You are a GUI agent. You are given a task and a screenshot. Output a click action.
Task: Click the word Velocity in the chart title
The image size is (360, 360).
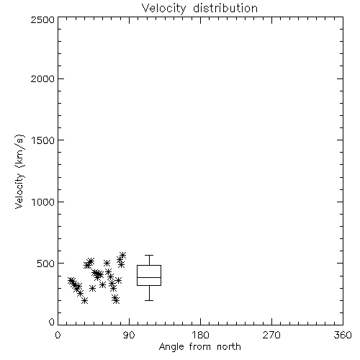point(163,9)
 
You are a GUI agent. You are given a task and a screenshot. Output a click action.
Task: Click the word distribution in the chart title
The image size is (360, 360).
point(225,8)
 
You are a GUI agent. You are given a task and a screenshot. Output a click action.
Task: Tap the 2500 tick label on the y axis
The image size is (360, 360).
point(42,19)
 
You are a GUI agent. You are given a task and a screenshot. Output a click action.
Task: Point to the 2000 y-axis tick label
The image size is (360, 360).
point(42,78)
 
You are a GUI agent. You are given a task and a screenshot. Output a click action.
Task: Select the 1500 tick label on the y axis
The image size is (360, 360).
point(43,140)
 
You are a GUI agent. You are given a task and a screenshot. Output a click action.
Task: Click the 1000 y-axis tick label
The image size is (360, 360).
point(43,202)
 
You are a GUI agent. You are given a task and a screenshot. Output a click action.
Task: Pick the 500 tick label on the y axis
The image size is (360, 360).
point(46,264)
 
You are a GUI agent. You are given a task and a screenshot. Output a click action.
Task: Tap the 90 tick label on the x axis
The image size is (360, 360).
point(129,335)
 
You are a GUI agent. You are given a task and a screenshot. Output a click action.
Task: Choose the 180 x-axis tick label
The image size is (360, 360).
point(200,335)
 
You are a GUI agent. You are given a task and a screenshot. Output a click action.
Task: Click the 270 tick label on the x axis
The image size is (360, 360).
point(271,335)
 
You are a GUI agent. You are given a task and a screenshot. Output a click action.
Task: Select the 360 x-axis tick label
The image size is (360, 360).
point(343,335)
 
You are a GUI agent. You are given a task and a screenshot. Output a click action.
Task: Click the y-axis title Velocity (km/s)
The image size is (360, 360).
point(19,171)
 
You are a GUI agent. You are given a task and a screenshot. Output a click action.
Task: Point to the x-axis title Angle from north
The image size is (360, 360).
point(200,347)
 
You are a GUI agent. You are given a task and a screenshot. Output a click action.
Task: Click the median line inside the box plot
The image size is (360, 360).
point(149,277)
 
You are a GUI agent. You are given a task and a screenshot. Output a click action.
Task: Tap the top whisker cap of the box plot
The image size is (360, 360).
point(149,256)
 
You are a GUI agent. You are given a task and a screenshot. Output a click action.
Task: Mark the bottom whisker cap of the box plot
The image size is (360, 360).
point(149,300)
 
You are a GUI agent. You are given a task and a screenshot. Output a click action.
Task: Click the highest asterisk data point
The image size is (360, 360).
point(123,255)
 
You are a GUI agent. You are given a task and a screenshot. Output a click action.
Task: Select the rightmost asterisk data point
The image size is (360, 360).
point(123,255)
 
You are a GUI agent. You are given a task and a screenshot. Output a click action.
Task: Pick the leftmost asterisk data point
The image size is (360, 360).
point(71,280)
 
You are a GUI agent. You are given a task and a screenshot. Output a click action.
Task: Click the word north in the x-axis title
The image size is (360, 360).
point(229,346)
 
